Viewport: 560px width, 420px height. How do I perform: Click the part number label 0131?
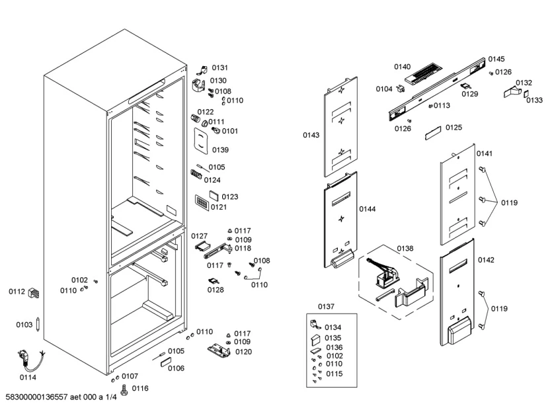click(x=220, y=68)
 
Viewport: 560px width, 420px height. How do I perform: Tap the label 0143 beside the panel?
click(x=311, y=135)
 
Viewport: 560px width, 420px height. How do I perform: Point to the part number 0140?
click(x=402, y=67)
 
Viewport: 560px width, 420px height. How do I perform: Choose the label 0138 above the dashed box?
click(x=405, y=248)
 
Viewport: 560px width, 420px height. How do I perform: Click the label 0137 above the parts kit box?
click(x=326, y=306)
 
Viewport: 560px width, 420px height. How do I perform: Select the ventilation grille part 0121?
click(x=201, y=202)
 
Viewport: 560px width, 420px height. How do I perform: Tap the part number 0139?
click(x=220, y=150)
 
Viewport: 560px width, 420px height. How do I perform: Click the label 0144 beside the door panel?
click(x=367, y=209)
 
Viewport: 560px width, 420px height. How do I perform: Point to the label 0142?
click(x=485, y=260)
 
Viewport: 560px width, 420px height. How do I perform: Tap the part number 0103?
click(x=24, y=325)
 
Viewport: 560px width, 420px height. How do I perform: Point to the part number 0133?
click(x=534, y=101)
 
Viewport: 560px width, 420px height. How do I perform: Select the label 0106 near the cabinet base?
click(x=176, y=368)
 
